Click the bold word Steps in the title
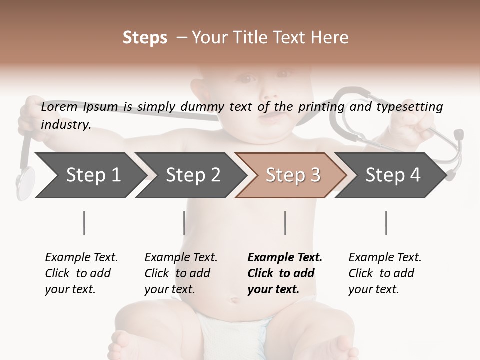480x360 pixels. (145, 38)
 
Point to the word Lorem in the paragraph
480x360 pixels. (59, 107)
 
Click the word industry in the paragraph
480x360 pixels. (65, 125)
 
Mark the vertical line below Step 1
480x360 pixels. (84, 223)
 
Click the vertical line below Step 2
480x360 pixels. (184, 223)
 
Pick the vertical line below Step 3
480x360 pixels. (285, 223)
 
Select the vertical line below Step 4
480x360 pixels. (386, 223)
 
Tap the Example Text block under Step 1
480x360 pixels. (81, 273)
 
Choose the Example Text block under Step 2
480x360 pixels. (181, 273)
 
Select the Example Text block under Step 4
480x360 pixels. (385, 273)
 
